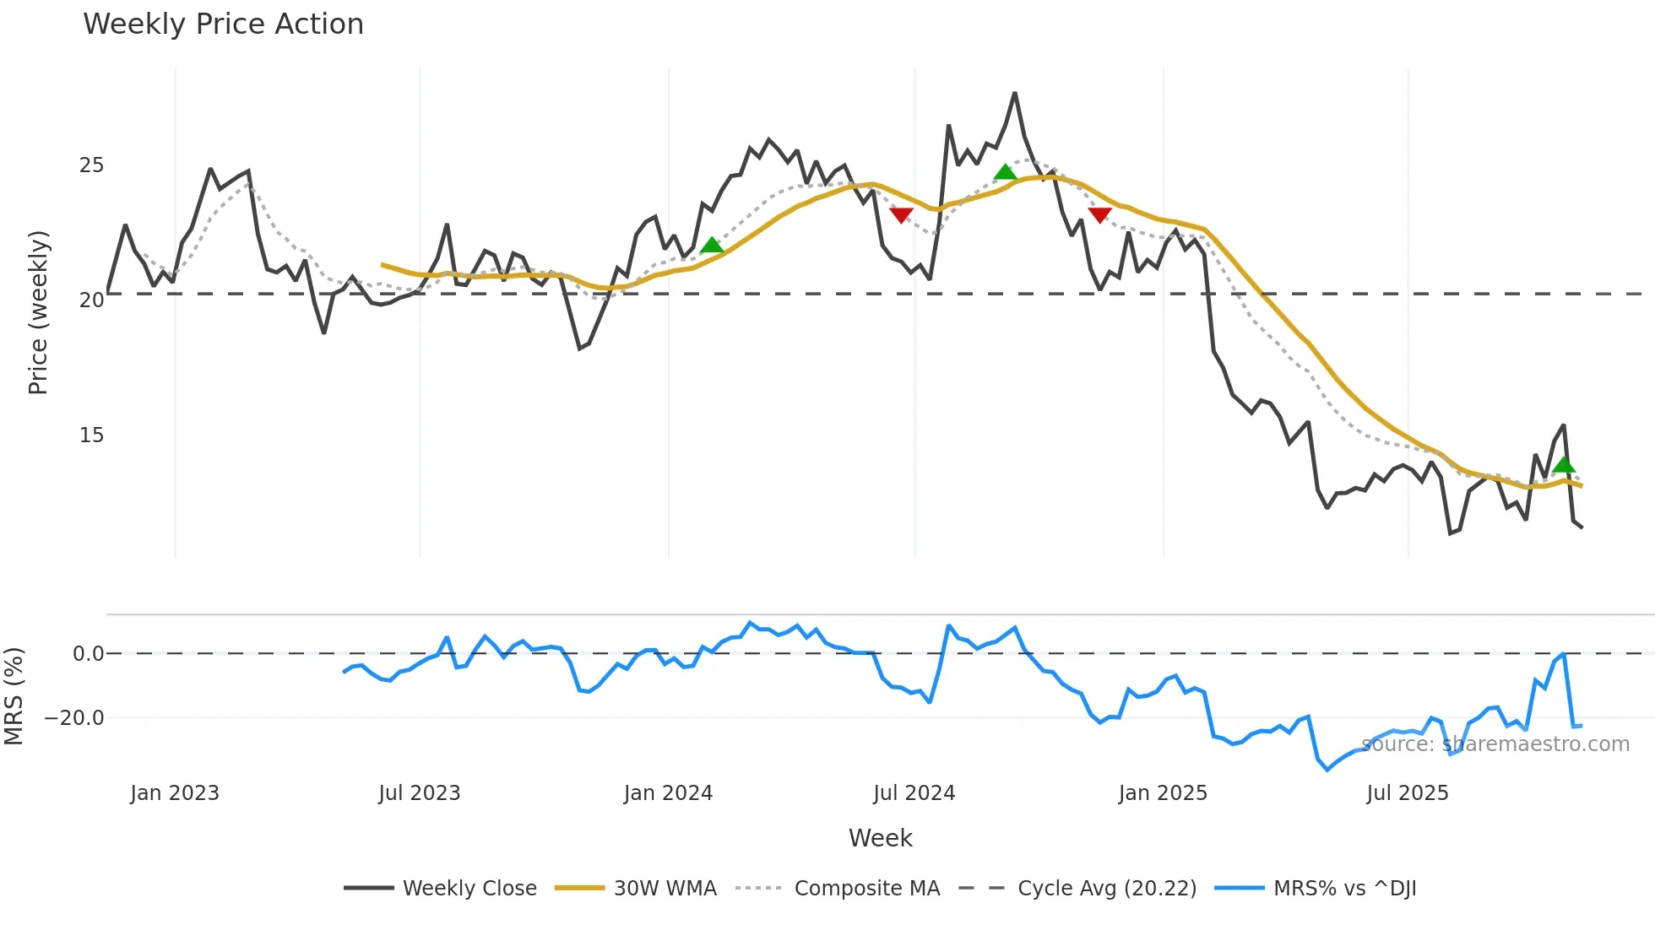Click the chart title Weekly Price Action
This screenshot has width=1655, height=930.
223,24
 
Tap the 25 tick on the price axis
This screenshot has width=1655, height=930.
91,165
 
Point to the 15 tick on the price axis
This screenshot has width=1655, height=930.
91,435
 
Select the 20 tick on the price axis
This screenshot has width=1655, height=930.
91,300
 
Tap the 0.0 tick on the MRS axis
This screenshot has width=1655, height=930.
88,654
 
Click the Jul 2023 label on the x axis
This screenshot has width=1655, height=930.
419,793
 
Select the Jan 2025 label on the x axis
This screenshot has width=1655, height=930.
1163,793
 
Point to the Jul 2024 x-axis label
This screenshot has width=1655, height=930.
914,793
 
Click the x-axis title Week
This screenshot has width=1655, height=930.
880,838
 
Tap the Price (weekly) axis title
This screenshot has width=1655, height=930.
38,312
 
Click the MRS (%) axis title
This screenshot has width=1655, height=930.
14,696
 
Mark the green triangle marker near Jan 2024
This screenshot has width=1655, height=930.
712,246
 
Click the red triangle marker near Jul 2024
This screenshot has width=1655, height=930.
901,215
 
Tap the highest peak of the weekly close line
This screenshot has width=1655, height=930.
1015,94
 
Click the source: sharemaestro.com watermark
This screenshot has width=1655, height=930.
1495,744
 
